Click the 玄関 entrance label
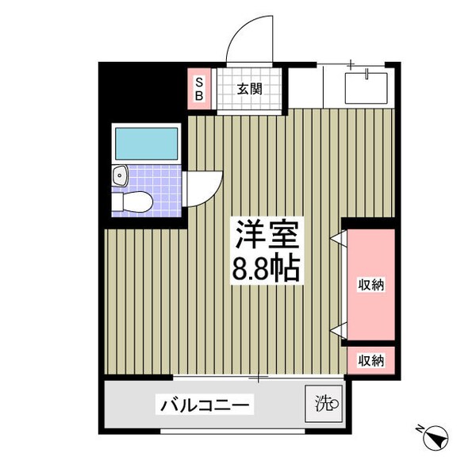click(248, 88)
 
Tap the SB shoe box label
click(198, 88)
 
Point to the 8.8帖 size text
click(265, 269)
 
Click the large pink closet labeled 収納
click(370, 284)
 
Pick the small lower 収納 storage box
click(370, 360)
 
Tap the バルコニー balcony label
click(206, 405)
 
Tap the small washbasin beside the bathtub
click(118, 175)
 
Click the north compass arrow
click(435, 439)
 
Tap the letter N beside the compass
click(419, 429)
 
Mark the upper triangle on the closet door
click(337, 236)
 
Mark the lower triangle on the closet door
click(337, 329)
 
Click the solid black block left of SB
click(143, 91)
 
